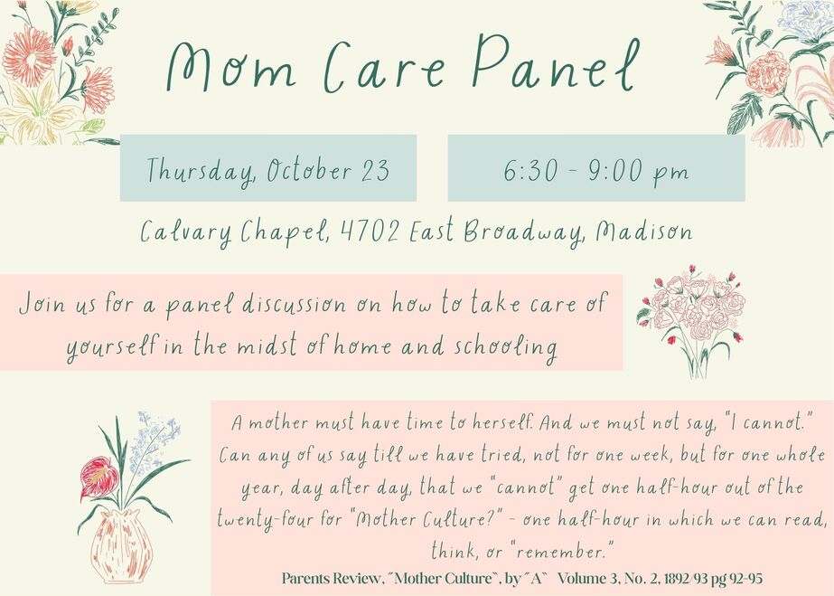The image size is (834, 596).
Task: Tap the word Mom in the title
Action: (x=230, y=67)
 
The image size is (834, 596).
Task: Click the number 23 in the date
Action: (x=376, y=171)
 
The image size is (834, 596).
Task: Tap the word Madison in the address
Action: (x=644, y=231)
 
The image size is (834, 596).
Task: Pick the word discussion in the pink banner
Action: (x=295, y=304)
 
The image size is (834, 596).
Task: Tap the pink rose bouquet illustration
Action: (x=692, y=321)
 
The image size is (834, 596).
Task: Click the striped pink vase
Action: (x=122, y=545)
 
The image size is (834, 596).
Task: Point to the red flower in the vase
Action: (x=98, y=478)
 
